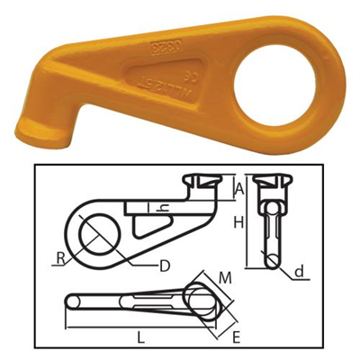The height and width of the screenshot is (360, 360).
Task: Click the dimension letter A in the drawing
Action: [239, 188]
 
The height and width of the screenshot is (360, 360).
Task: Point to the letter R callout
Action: [60, 259]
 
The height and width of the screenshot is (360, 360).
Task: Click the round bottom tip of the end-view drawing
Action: [270, 258]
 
